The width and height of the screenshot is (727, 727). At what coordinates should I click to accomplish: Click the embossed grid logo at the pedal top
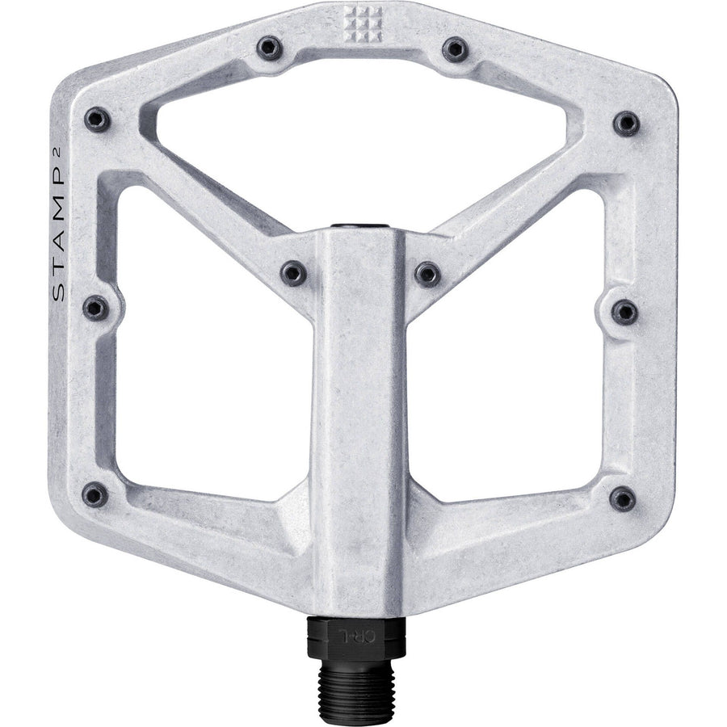point(363,23)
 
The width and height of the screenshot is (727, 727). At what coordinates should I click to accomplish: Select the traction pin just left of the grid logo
point(269,48)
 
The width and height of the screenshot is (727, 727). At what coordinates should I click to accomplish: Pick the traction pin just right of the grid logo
point(455,49)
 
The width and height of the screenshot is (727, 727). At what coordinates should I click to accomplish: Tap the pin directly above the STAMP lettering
point(98,120)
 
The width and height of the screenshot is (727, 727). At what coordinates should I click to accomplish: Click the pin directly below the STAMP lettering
point(95,308)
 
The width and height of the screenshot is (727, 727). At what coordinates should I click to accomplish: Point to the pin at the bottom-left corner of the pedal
point(95,494)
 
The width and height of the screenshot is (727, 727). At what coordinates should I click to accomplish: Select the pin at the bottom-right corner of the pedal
point(623,499)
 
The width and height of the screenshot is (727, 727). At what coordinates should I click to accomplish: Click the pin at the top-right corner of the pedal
point(626,124)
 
